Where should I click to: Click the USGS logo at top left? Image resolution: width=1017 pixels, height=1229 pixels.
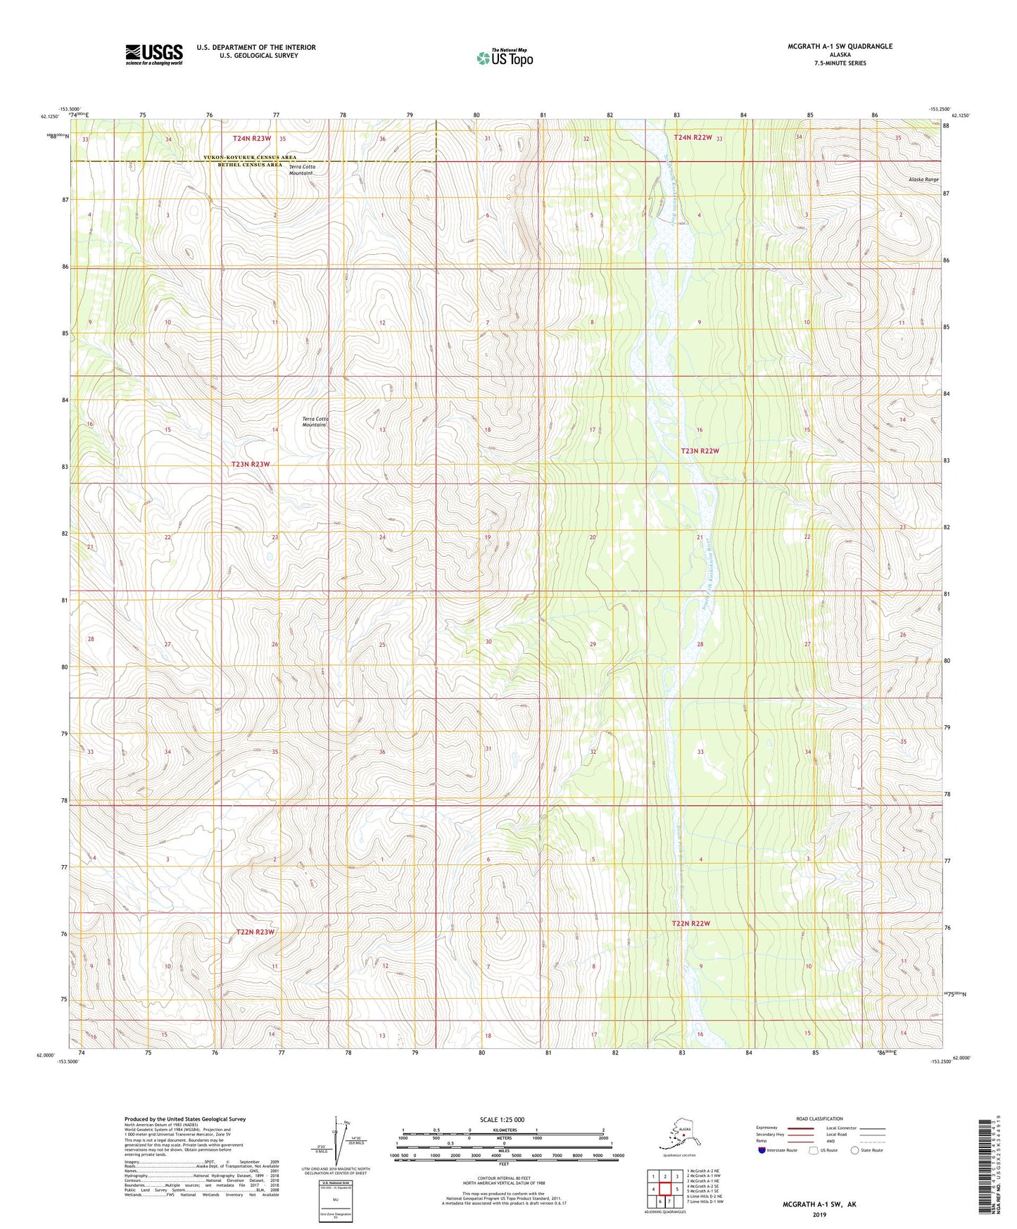coord(154,54)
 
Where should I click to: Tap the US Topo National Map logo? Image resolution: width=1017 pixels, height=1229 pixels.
coord(504,58)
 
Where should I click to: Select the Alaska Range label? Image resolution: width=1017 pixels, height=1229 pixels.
coord(923,179)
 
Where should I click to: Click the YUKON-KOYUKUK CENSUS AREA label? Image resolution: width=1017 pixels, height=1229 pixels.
coord(250,158)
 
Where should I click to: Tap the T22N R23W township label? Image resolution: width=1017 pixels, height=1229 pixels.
coord(255,931)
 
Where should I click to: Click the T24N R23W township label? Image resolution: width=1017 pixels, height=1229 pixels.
coord(252,139)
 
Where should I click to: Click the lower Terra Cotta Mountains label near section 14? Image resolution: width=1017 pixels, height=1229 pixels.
coord(315,422)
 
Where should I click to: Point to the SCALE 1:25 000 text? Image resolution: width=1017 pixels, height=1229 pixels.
coord(501,1119)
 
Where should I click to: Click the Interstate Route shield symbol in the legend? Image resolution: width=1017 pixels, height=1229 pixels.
coord(762,1150)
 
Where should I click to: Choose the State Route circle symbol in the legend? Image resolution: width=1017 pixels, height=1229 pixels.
coord(854,1150)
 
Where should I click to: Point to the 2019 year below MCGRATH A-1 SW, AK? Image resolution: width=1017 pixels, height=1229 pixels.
coord(819,1214)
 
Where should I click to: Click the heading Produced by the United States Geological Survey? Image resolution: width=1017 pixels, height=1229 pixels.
coord(185,1118)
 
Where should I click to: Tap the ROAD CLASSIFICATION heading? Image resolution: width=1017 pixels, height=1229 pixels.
coord(819,1118)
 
